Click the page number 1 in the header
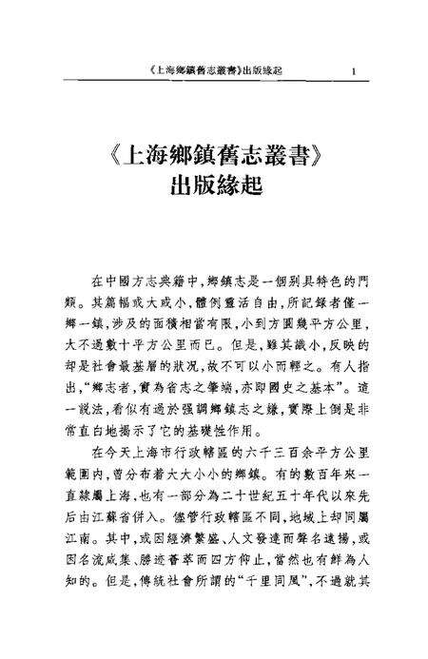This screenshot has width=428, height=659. point(353,70)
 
